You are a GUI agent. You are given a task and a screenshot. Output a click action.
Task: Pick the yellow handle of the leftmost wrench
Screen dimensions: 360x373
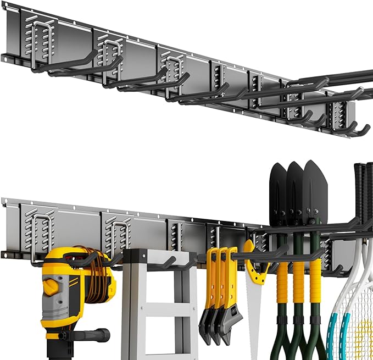click(x=211, y=280)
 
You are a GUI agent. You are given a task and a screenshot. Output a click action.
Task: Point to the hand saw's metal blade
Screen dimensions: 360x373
click(x=253, y=319)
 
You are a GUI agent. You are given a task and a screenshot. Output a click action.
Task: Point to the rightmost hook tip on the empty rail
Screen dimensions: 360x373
click(x=365, y=129)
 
